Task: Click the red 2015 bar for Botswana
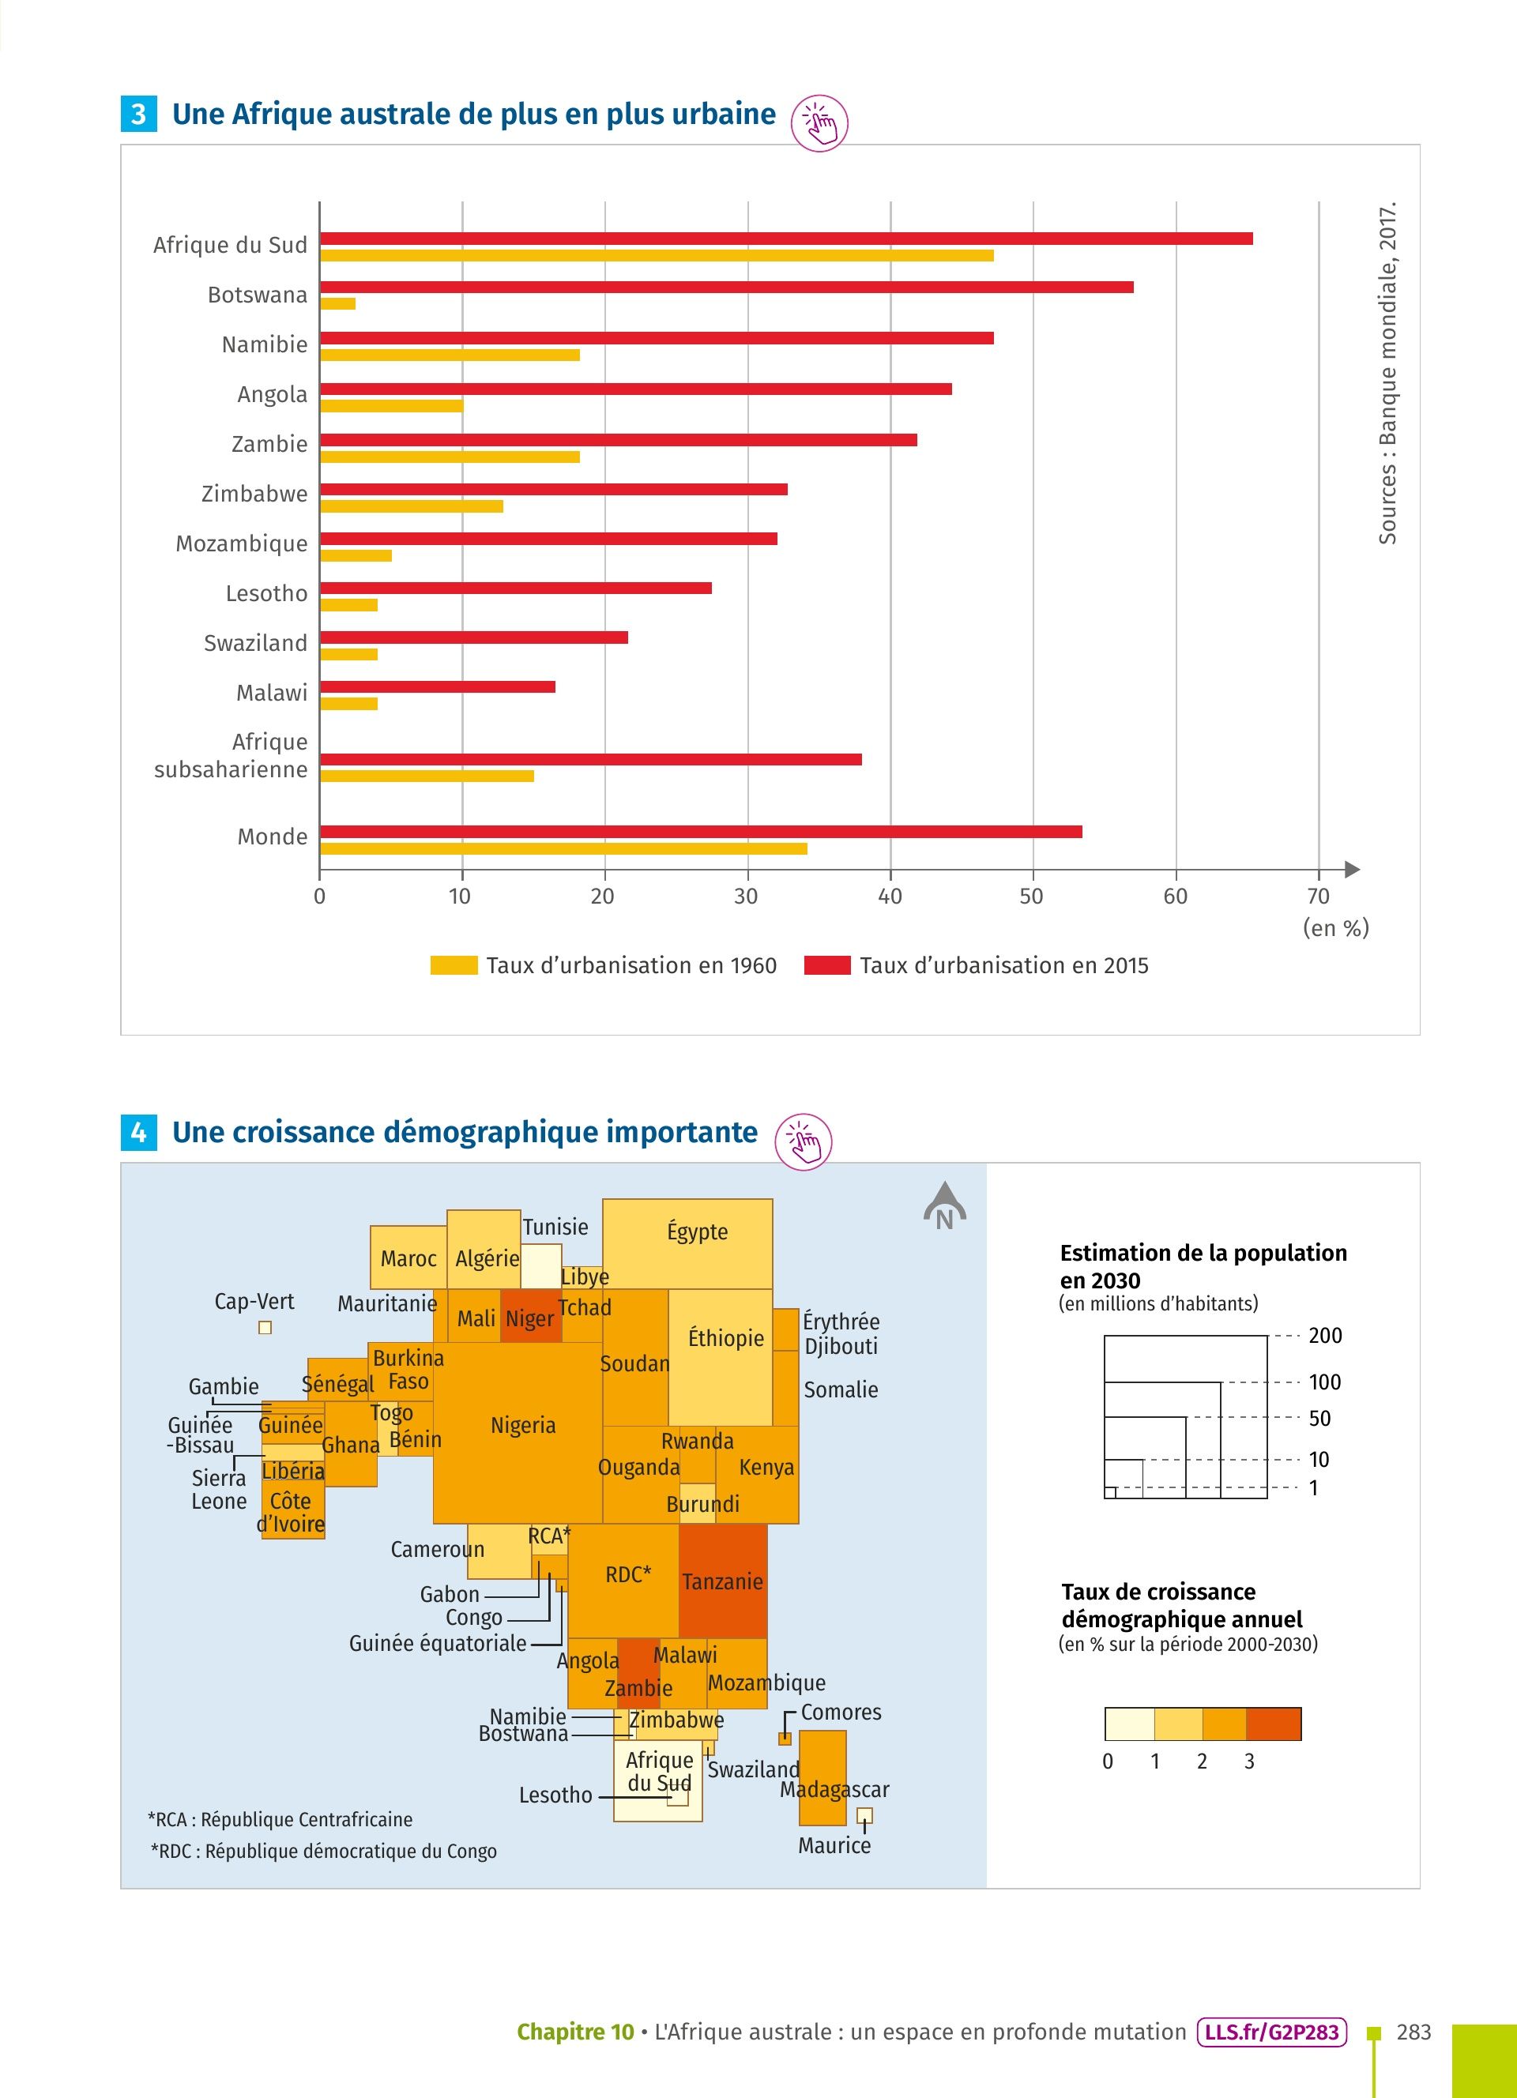[726, 287]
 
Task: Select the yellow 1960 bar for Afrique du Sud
[657, 255]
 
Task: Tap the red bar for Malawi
[438, 686]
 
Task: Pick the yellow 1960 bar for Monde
[563, 848]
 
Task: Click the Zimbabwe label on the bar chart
[254, 494]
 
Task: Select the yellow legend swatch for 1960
[454, 966]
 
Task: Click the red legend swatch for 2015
[827, 966]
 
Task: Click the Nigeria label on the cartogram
[522, 1426]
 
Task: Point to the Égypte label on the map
[698, 1232]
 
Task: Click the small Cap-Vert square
[265, 1327]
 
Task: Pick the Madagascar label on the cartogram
[834, 1789]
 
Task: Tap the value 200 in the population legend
[1324, 1336]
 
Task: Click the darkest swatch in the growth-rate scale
[1273, 1724]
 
